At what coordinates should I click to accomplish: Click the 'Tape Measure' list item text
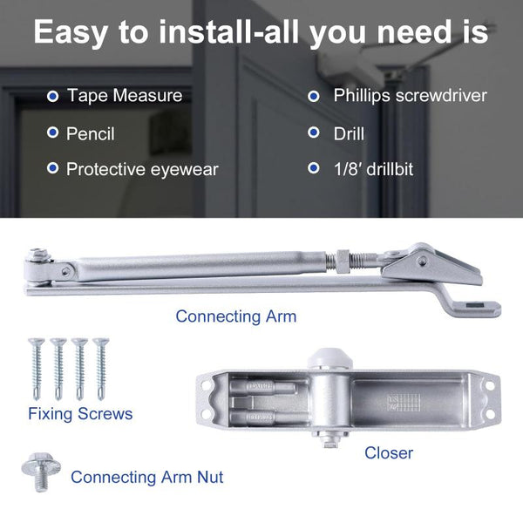click(x=125, y=95)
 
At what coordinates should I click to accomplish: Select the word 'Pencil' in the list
click(x=91, y=133)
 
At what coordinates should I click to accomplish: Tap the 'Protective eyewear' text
click(x=142, y=169)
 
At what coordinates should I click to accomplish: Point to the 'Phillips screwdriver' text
click(x=410, y=95)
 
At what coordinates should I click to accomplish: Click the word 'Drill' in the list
click(x=349, y=133)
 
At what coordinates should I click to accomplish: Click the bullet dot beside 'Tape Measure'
click(x=53, y=95)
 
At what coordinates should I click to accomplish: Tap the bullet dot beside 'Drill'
click(x=315, y=133)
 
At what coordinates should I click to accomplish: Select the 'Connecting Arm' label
click(x=236, y=316)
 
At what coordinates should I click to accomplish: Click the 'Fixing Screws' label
click(x=80, y=413)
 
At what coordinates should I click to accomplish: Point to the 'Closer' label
click(x=389, y=452)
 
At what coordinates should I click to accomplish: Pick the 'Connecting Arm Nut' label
click(x=146, y=477)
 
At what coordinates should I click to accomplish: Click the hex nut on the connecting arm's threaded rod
click(x=342, y=260)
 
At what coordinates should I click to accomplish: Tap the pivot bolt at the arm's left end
click(x=38, y=258)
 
